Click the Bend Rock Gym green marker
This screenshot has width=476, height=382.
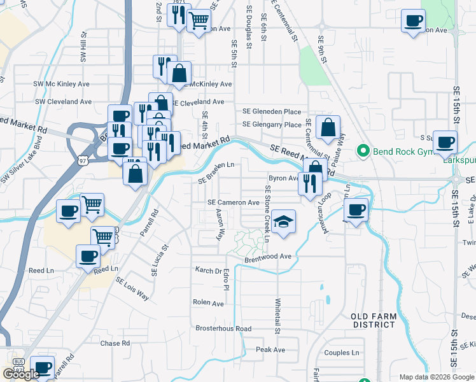point(363,152)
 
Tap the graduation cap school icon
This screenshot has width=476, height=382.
point(284,222)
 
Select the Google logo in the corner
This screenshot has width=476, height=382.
point(20,374)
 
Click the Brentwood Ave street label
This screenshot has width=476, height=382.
point(268,257)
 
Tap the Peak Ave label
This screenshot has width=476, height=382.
point(270,350)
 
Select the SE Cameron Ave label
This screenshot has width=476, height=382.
point(234,202)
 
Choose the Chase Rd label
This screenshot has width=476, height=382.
point(115,343)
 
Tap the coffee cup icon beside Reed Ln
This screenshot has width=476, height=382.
point(88,257)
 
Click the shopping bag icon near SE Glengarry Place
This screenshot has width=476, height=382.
point(328,127)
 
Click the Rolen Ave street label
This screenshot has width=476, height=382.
point(209,303)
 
